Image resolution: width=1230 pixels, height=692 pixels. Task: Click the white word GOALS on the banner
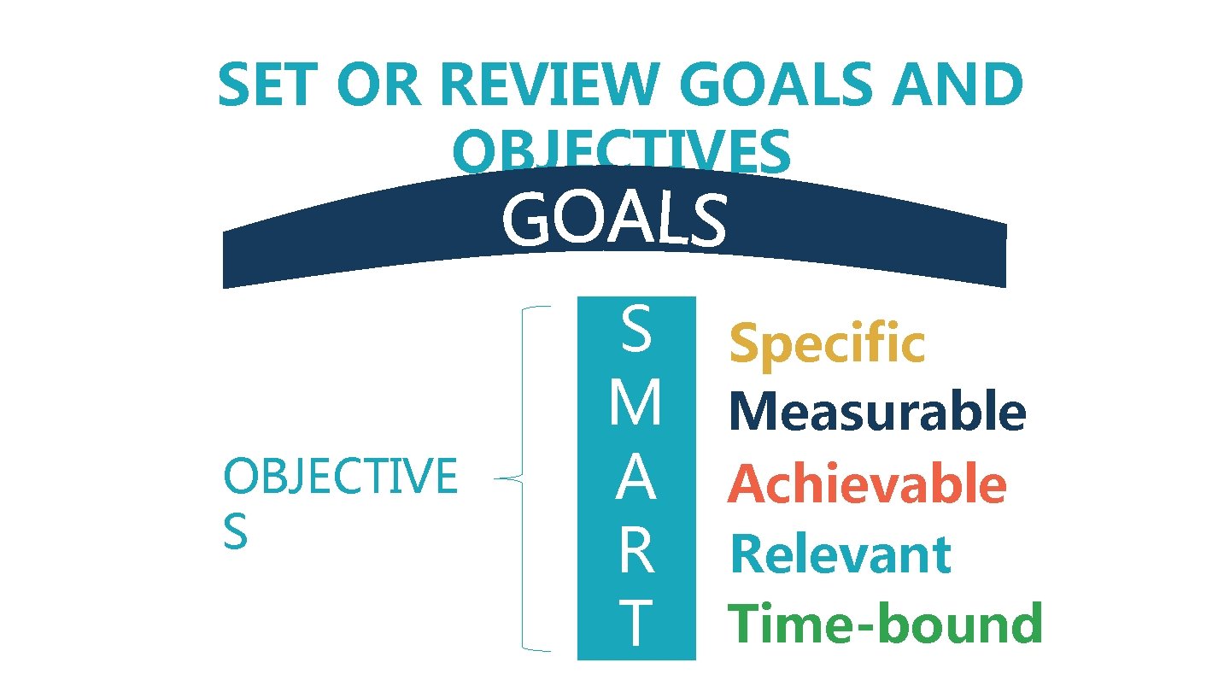click(x=614, y=220)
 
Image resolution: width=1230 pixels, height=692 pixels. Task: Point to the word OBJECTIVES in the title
click(x=622, y=153)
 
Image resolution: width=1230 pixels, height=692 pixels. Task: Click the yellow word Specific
click(x=826, y=343)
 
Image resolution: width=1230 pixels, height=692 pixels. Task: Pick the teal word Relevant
click(x=840, y=554)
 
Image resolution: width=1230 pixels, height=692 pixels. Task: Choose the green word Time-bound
click(x=885, y=624)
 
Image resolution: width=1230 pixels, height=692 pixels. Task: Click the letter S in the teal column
click(x=636, y=332)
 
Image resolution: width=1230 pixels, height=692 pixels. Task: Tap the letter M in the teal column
click(x=636, y=405)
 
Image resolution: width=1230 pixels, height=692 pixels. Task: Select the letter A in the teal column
click(x=636, y=479)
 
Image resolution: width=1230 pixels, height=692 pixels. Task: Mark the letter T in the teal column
click(x=636, y=625)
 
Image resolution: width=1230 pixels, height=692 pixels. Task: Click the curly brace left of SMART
click(x=522, y=479)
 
